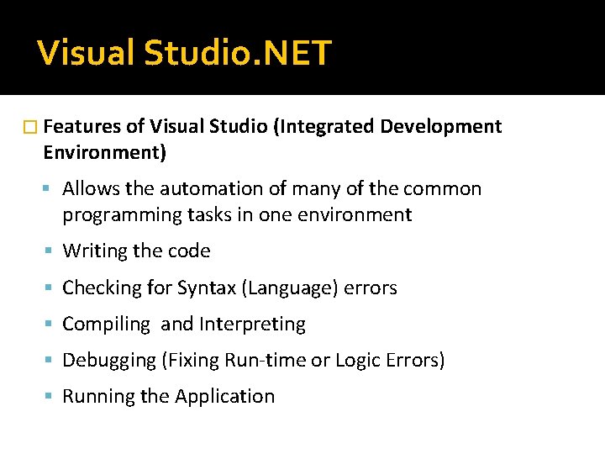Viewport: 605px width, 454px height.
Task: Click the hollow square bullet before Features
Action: coord(32,128)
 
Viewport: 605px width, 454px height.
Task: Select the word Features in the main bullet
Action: coord(81,127)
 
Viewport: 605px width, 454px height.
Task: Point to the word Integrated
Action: coord(330,127)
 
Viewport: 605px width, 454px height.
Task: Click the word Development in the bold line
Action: coord(441,127)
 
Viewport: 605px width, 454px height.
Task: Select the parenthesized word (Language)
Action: coord(289,288)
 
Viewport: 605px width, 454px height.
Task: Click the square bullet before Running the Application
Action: coord(50,397)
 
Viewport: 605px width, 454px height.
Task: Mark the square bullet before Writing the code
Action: coord(50,251)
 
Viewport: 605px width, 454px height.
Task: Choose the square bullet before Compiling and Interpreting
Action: coord(50,325)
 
